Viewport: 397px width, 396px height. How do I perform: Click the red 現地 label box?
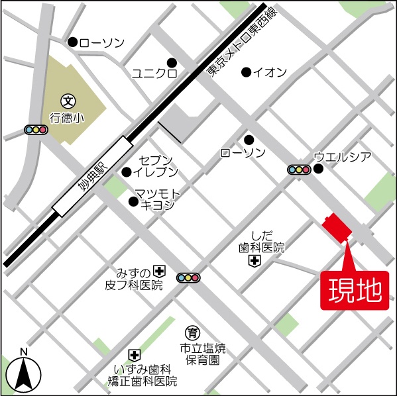pyautogui.click(x=355, y=290)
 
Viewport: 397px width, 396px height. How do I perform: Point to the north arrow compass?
pyautogui.click(x=24, y=373)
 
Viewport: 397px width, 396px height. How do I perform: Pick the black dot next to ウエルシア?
pyautogui.click(x=318, y=169)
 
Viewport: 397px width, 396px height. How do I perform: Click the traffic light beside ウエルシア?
pyautogui.click(x=299, y=170)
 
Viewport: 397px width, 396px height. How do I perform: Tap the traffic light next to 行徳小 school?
pyautogui.click(x=35, y=130)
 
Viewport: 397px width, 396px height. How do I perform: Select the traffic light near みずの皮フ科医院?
pyautogui.click(x=188, y=277)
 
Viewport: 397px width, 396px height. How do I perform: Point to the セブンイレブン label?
pyautogui.click(x=158, y=166)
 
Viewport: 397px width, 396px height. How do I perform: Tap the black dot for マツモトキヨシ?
pyautogui.click(x=133, y=201)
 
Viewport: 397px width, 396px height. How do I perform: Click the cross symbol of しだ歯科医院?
pyautogui.click(x=255, y=262)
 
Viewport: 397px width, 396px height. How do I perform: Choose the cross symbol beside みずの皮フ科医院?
pyautogui.click(x=159, y=270)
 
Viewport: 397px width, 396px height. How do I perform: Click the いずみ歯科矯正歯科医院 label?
pyautogui.click(x=143, y=375)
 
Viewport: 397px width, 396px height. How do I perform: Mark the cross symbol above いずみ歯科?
pyautogui.click(x=134, y=356)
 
